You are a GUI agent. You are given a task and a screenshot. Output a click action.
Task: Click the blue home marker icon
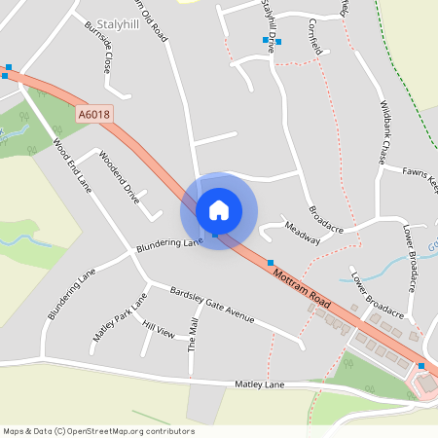[219, 209]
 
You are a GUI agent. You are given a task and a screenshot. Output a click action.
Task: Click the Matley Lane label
[260, 385]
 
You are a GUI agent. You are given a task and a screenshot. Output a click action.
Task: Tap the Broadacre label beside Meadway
[327, 217]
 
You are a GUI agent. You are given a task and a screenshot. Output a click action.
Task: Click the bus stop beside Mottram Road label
[271, 263]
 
